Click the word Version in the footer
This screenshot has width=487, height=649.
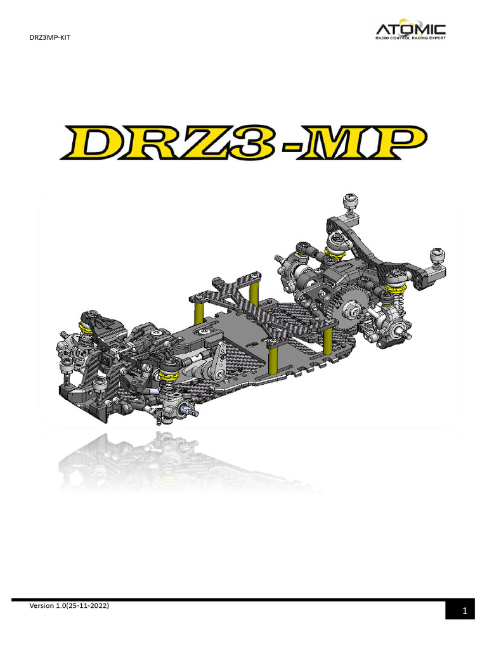pyautogui.click(x=44, y=607)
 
